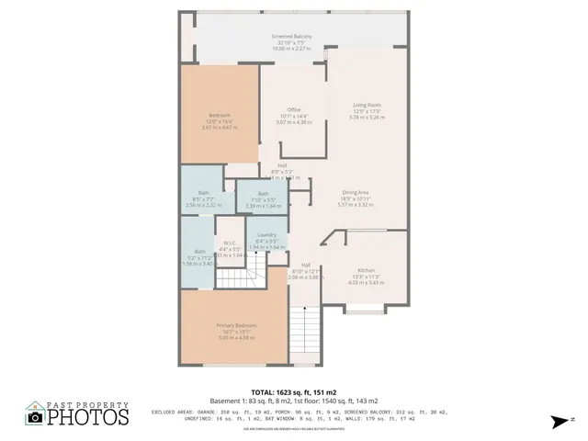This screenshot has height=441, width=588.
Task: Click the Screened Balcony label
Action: point(291,36)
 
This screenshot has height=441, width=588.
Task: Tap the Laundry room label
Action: point(267,235)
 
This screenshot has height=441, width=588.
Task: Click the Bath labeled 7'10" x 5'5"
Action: point(263,194)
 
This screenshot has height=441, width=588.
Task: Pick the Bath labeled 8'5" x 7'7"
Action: point(202,192)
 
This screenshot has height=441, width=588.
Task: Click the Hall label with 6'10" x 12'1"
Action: point(304,265)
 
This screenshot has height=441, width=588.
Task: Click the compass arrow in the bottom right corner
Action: point(558,422)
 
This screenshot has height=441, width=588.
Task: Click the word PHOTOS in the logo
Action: point(88,418)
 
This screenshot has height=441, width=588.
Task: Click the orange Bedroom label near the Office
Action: point(220,115)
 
